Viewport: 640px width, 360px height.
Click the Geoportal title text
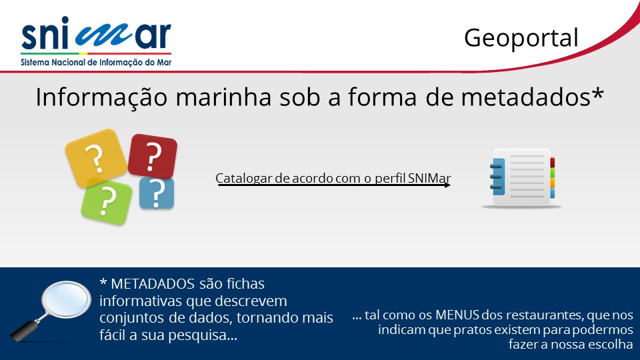[521, 39]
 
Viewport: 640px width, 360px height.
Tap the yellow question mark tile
[96, 158]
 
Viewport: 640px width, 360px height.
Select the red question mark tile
[153, 156]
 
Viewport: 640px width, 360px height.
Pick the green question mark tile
[107, 202]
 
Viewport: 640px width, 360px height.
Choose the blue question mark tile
[157, 193]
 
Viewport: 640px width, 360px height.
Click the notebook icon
[522, 177]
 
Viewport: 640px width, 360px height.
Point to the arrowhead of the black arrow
[448, 185]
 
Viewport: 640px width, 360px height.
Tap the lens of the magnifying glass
[67, 299]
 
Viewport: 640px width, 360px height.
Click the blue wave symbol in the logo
[104, 35]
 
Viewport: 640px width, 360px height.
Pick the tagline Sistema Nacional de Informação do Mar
[96, 63]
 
